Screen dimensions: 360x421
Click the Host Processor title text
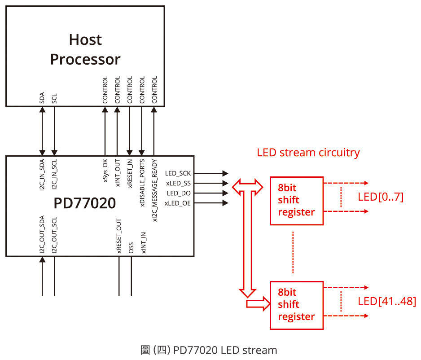point(85,50)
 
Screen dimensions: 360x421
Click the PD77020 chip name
point(85,203)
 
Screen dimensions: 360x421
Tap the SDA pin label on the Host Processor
point(42,98)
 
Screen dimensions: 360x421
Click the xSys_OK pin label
point(105,171)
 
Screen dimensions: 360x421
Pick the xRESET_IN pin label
point(130,173)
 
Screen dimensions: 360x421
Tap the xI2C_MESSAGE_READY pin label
point(154,184)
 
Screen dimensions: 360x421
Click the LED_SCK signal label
point(178,173)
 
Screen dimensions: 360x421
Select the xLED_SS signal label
point(178,183)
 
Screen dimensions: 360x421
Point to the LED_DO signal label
point(179,193)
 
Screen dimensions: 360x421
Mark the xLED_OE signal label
point(178,203)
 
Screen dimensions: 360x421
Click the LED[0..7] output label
point(381,197)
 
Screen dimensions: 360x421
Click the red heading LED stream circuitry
point(308,153)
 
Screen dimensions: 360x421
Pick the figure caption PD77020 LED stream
point(209,350)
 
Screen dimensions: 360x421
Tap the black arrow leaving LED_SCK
point(211,173)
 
